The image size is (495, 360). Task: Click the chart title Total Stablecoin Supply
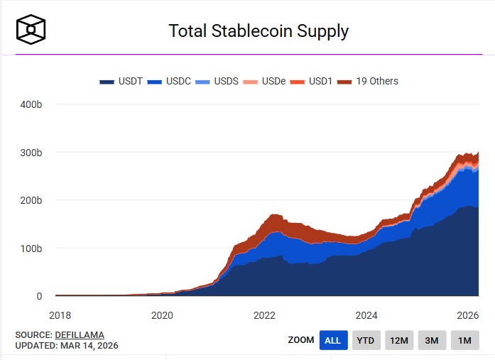click(258, 31)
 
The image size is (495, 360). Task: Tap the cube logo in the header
click(31, 29)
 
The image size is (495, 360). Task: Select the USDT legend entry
click(121, 81)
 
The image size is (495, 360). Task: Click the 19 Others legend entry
click(369, 81)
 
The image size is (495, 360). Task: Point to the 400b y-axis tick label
click(31, 104)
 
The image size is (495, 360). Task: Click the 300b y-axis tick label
click(31, 153)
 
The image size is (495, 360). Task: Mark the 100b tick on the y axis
click(31, 249)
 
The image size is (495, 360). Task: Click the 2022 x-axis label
click(264, 315)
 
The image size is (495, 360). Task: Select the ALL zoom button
click(333, 340)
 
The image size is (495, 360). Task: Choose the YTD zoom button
click(366, 340)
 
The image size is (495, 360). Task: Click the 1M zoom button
click(464, 340)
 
